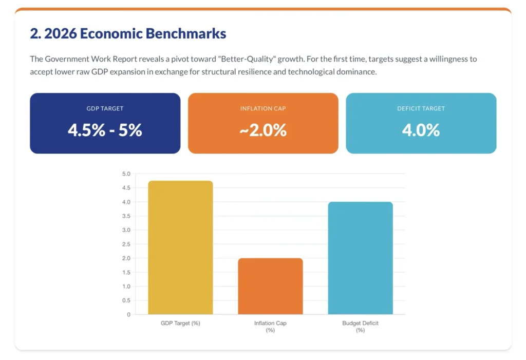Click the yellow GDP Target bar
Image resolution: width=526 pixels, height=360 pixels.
[x=180, y=248]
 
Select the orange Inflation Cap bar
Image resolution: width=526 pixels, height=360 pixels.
[x=270, y=286]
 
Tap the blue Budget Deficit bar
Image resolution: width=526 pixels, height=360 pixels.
[x=360, y=258]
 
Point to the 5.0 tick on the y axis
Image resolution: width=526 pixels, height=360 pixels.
[x=126, y=174]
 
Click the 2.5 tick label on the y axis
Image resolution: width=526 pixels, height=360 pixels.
[x=126, y=244]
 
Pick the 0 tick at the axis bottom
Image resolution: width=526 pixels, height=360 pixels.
[x=128, y=314]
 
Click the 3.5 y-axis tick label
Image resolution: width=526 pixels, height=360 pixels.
[x=126, y=216]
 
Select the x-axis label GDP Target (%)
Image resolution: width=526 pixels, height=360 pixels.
[x=180, y=323]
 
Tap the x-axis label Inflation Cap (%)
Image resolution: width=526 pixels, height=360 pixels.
[x=270, y=327]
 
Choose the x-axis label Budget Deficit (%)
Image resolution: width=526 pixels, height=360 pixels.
[x=360, y=327]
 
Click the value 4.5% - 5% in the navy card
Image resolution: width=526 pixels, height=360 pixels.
[x=105, y=130]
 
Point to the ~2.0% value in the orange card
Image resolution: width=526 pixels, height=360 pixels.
[x=263, y=130]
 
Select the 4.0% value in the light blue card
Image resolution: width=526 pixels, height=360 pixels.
[x=421, y=130]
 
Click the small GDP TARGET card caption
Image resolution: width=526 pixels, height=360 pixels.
[x=105, y=109]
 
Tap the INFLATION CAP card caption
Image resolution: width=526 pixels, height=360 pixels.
[x=263, y=109]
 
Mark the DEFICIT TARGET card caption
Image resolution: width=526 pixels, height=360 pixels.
[x=421, y=109]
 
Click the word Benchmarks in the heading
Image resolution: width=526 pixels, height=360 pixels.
[x=186, y=34]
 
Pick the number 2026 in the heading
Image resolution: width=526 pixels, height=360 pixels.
[x=61, y=34]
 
